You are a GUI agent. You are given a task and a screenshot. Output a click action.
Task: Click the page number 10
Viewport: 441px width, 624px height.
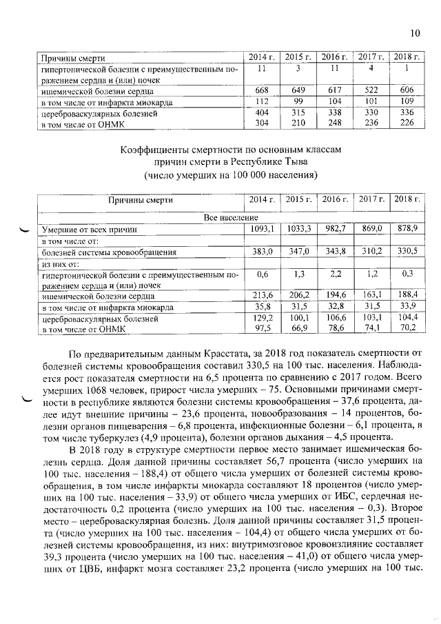(x=413, y=32)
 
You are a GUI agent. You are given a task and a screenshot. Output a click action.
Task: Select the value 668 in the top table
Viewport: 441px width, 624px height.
(x=261, y=90)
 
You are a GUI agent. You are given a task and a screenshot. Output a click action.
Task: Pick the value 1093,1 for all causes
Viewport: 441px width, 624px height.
(x=262, y=228)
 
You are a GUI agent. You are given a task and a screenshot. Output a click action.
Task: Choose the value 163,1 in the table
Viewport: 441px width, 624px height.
(x=371, y=294)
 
